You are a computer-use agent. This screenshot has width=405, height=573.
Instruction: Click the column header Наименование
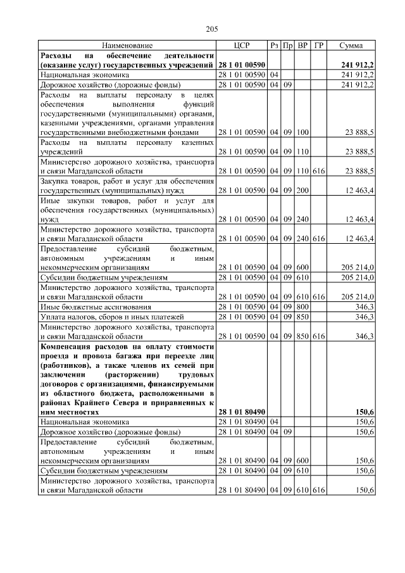tap(127, 46)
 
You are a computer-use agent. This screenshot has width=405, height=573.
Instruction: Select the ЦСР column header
tap(242, 46)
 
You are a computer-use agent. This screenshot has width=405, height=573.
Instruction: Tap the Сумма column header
tap(350, 46)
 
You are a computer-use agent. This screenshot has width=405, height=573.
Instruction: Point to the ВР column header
tap(302, 46)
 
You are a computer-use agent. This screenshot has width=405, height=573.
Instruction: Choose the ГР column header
tap(318, 46)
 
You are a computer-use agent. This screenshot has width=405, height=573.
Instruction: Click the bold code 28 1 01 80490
tap(242, 412)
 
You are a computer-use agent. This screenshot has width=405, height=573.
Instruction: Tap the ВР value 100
tap(302, 133)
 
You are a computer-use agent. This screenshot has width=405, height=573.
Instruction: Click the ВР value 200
tap(302, 190)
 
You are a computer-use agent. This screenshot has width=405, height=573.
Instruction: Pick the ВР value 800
tap(302, 306)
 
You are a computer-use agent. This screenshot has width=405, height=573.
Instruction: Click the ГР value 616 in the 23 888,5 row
tap(318, 171)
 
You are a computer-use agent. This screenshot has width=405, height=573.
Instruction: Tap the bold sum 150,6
tap(364, 412)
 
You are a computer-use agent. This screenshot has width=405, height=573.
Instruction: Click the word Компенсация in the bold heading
tap(68, 346)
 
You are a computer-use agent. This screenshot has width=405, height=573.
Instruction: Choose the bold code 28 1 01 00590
tap(242, 65)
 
